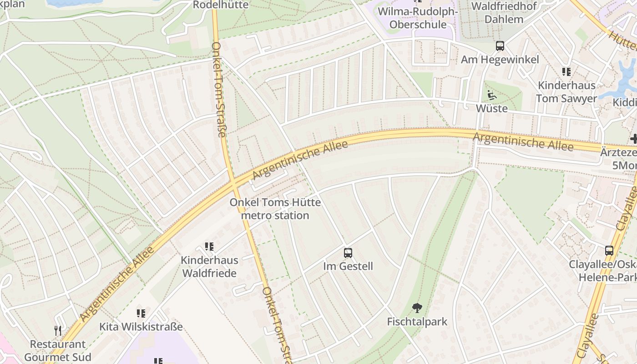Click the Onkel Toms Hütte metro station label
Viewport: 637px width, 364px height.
(275, 209)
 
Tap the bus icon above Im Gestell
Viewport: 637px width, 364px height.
(348, 253)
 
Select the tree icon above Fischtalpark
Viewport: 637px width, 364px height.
(417, 308)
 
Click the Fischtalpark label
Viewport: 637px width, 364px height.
(417, 322)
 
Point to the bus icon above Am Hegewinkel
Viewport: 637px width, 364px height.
(500, 46)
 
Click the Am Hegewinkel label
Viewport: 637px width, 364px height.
(500, 60)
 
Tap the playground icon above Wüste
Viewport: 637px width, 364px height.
(491, 96)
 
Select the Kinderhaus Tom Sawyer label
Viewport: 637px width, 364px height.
(566, 92)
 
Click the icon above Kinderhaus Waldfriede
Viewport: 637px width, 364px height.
(209, 247)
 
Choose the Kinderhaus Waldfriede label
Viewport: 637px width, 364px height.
(209, 267)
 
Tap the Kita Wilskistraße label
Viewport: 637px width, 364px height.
(141, 327)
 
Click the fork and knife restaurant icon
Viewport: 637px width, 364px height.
(58, 331)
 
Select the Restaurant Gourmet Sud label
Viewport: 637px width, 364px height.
(58, 351)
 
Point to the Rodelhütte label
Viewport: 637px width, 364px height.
(221, 5)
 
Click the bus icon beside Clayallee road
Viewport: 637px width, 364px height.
(609, 250)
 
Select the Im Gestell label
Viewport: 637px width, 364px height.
(348, 266)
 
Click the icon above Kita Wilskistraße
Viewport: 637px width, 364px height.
(141, 313)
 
